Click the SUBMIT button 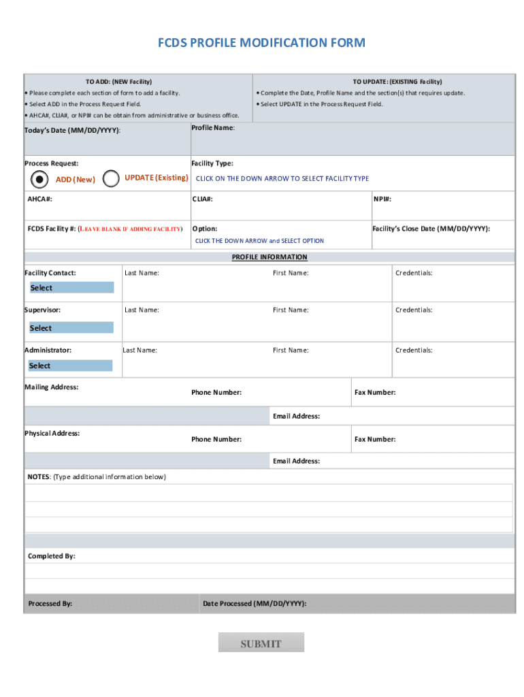(x=261, y=643)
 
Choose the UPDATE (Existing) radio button (x=112, y=179)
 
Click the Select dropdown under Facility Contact (x=71, y=288)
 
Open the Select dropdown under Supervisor (x=71, y=328)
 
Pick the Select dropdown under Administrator (x=71, y=366)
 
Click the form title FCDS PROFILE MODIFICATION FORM (x=262, y=43)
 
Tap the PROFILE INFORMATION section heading (x=269, y=257)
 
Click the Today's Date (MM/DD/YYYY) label (x=73, y=130)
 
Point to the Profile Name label (x=213, y=128)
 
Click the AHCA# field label (x=40, y=199)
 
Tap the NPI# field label (x=382, y=199)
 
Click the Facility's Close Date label (x=431, y=229)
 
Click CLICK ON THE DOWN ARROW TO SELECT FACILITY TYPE (x=282, y=178)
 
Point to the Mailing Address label (x=52, y=387)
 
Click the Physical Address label (x=52, y=434)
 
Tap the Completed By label (x=52, y=556)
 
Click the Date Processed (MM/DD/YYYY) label (x=255, y=604)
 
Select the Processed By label (x=50, y=604)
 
